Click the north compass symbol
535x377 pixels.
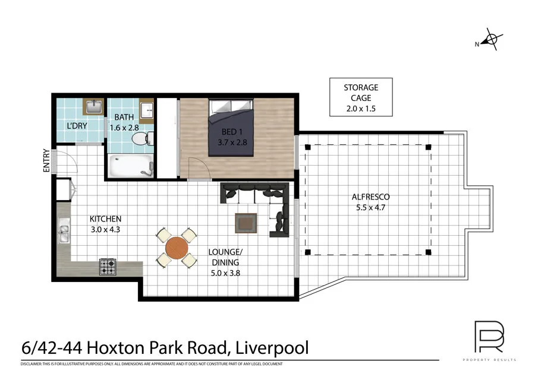tap(490, 40)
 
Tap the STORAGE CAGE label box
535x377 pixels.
tap(360, 97)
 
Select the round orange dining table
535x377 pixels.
tap(177, 247)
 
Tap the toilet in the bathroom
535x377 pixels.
tap(141, 138)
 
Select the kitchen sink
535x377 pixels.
tap(64, 233)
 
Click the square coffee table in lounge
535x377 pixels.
tap(246, 223)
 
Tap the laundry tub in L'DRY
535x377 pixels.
tap(93, 107)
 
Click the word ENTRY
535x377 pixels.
tap(47, 161)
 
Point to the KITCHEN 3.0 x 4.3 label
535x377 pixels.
tap(105, 224)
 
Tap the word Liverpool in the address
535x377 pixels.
tap(272, 347)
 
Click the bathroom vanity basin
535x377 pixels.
tap(146, 110)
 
